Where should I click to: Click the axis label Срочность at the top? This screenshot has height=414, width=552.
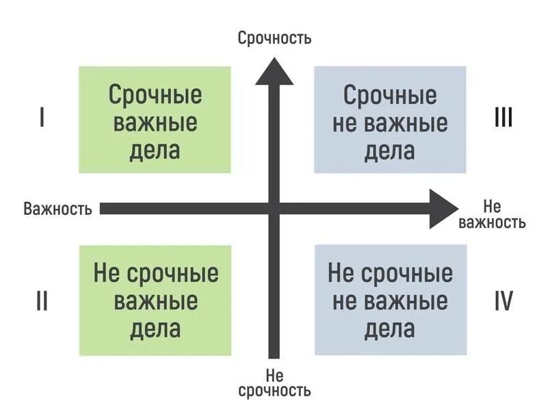[x=274, y=38]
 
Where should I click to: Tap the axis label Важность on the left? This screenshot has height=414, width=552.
[x=57, y=209]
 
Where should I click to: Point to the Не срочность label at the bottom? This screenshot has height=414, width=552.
[x=274, y=383]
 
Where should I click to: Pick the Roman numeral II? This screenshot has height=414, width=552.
[x=42, y=300]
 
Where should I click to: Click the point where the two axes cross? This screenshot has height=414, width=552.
[x=274, y=208]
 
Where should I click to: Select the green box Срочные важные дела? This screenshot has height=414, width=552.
[x=155, y=120]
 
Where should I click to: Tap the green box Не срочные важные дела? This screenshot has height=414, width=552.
[x=155, y=301]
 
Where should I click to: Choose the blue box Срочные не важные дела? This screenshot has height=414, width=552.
[x=390, y=120]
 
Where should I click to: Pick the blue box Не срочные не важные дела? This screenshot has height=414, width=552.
[x=390, y=301]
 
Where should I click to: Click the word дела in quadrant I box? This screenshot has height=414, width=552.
[x=155, y=149]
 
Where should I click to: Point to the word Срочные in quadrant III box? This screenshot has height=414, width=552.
[x=390, y=95]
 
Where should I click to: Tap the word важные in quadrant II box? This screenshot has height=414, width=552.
[x=156, y=301]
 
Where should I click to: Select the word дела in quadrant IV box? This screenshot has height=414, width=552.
[x=390, y=329]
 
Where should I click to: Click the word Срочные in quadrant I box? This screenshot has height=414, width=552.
[x=155, y=95]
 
